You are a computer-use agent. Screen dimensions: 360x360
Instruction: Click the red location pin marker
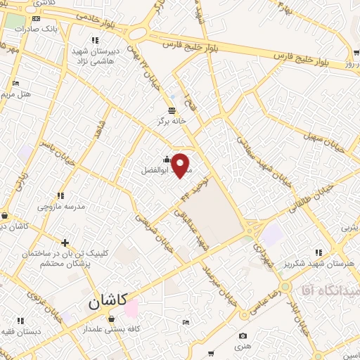coord(181,165)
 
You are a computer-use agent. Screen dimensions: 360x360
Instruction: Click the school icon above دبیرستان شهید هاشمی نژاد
coord(95,41)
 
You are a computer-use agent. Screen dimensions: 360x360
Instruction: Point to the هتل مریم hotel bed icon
coord(16,84)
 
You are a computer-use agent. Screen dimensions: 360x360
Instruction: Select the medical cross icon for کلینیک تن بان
coord(65,243)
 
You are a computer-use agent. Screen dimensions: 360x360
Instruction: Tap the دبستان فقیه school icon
coord(29,321)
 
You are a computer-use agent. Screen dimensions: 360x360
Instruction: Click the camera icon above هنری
coord(243,336)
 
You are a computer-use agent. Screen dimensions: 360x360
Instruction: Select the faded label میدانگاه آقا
coord(330,290)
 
